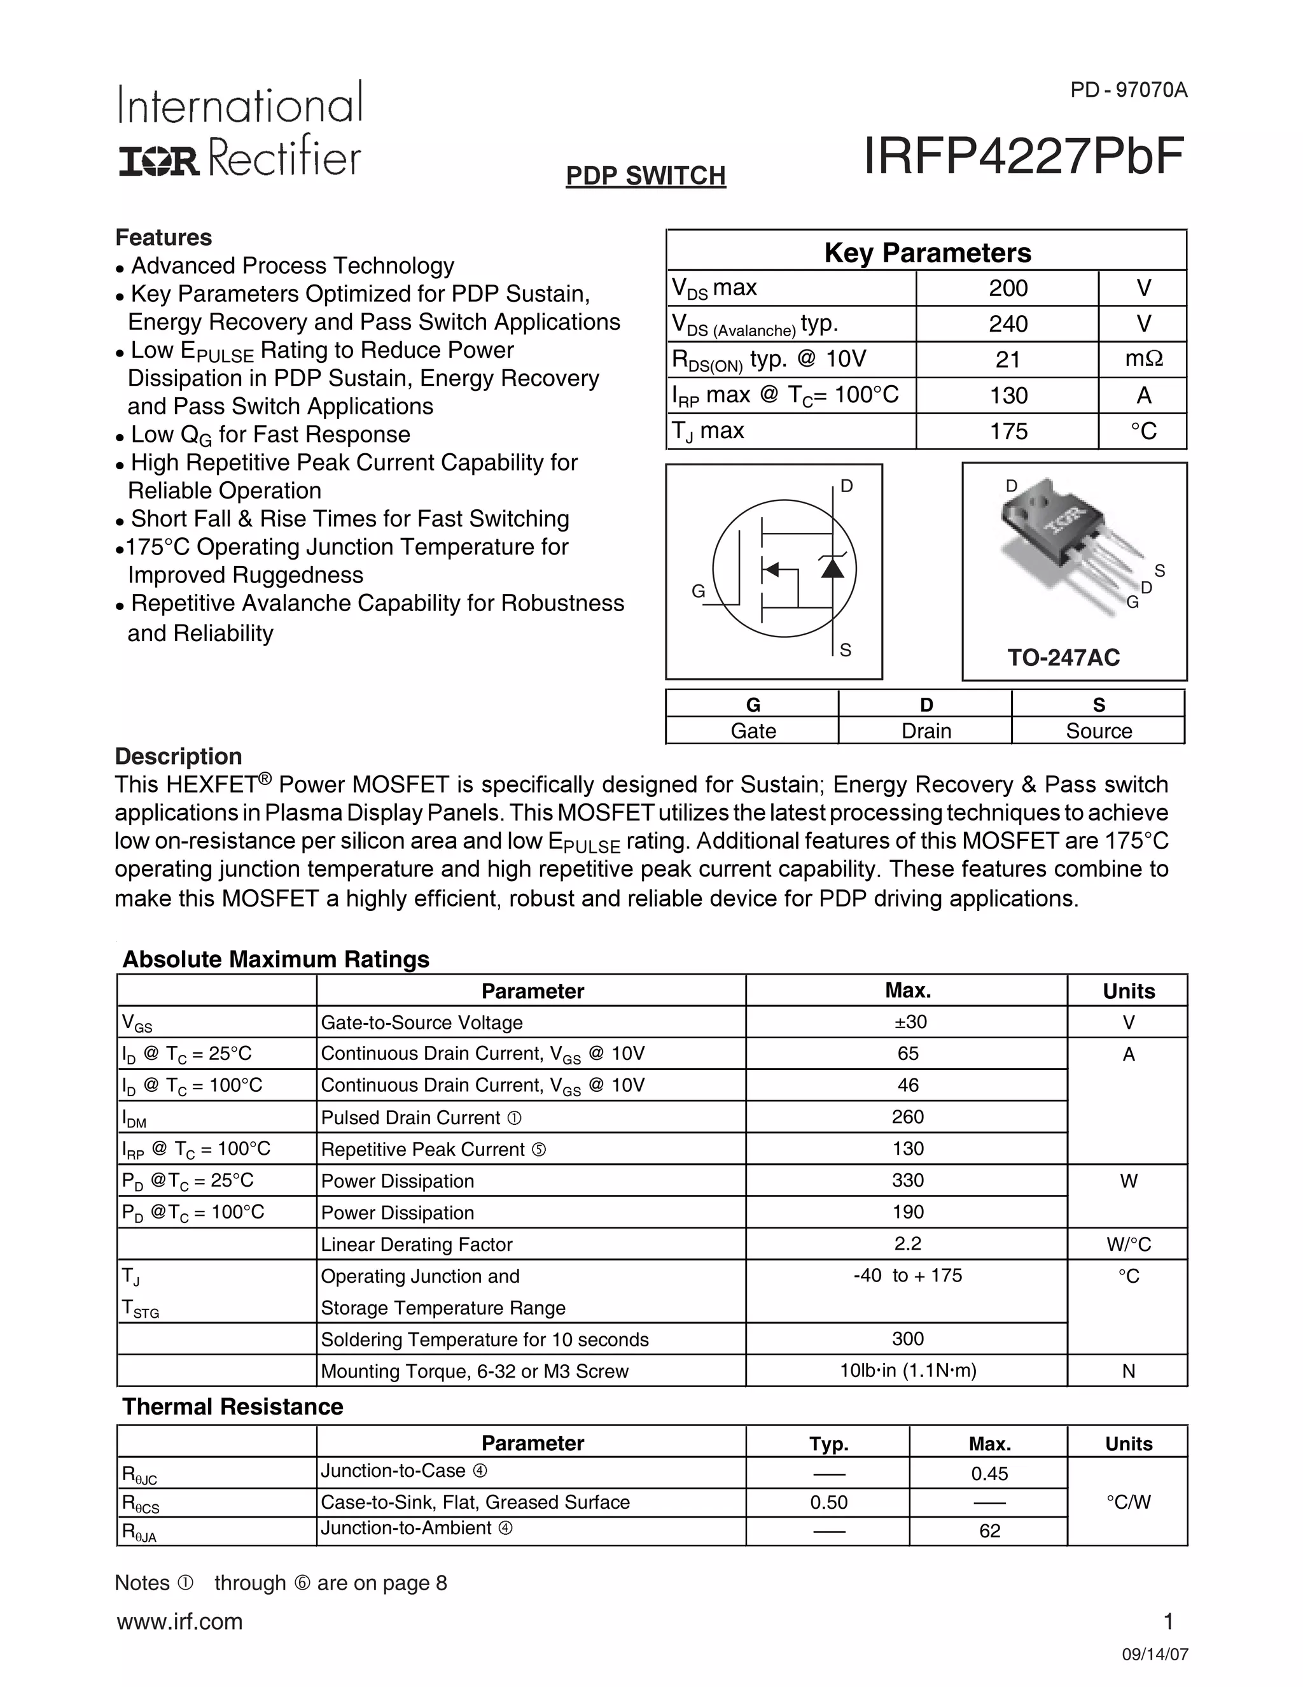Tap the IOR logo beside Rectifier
pyautogui.click(x=159, y=162)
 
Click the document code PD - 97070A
pyautogui.click(x=1128, y=90)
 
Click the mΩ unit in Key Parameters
pyautogui.click(x=1143, y=359)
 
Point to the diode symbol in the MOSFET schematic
pyautogui.click(x=832, y=568)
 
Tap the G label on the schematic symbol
pyautogui.click(x=698, y=591)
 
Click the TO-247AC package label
pyautogui.click(x=1063, y=658)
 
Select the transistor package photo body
pyautogui.click(x=1050, y=533)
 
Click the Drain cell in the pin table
pyautogui.click(x=926, y=731)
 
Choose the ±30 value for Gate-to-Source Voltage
pyautogui.click(x=908, y=1022)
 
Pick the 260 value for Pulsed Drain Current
pyautogui.click(x=908, y=1117)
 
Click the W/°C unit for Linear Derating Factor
pyautogui.click(x=1128, y=1245)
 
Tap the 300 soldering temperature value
pyautogui.click(x=908, y=1339)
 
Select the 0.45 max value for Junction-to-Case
pyautogui.click(x=989, y=1474)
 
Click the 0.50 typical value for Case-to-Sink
pyautogui.click(x=828, y=1502)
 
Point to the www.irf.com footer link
pyautogui.click(x=180, y=1621)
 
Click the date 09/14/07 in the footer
pyautogui.click(x=1155, y=1655)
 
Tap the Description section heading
pyautogui.click(x=178, y=756)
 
